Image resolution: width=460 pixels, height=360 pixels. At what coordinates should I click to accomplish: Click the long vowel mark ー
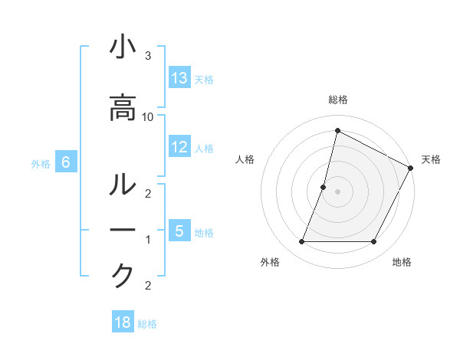[123, 231]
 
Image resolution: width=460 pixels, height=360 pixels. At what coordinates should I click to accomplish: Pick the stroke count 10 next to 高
[148, 116]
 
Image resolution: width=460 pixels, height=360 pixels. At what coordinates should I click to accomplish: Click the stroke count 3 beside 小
[147, 56]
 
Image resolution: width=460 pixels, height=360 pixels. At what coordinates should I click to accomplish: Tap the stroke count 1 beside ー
[147, 240]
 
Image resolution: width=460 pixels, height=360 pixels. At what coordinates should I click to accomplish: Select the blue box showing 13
[179, 78]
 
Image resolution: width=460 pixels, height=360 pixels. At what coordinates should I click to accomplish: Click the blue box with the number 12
[179, 147]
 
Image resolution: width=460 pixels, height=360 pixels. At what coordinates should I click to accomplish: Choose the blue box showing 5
[179, 231]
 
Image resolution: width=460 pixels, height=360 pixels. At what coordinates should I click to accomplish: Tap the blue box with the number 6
[66, 162]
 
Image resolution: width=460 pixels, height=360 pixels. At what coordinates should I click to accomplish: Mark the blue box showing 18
[123, 322]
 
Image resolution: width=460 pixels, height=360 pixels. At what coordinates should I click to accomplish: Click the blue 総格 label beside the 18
[147, 324]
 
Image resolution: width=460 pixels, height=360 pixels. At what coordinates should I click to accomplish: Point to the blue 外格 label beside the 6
[41, 163]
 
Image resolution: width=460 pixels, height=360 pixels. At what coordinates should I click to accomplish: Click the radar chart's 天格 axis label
[431, 159]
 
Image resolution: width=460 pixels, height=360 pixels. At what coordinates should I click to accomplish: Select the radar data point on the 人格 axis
[324, 187]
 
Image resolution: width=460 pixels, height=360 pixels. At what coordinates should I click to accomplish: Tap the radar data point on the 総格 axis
[337, 130]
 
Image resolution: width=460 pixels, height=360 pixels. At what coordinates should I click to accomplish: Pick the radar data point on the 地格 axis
[374, 242]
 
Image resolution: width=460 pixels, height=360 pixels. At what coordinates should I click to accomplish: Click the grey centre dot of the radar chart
[337, 191]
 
